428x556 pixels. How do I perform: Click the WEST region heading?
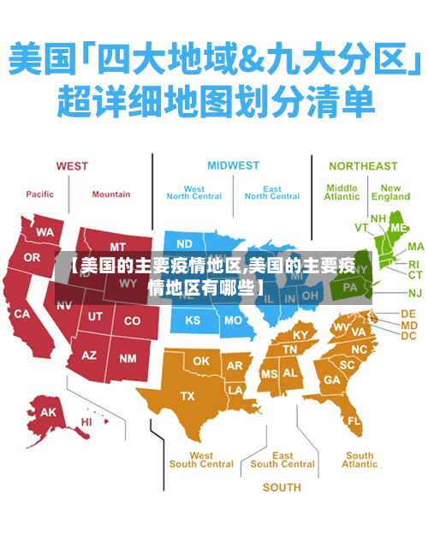(x=73, y=166)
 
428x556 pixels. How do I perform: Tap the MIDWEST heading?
(x=233, y=165)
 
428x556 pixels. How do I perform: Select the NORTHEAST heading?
(x=363, y=165)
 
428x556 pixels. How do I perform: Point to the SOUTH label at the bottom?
(x=282, y=487)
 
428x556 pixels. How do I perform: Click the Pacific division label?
(x=39, y=194)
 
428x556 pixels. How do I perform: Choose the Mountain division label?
(x=111, y=194)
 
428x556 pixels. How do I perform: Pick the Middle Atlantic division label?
(x=342, y=192)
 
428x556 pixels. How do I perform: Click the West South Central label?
(x=201, y=460)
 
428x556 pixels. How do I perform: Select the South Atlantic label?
(x=360, y=460)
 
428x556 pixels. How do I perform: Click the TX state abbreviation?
(x=187, y=396)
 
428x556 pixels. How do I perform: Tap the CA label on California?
(x=21, y=314)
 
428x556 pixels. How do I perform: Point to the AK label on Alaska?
(x=49, y=412)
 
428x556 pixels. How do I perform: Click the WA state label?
(x=45, y=231)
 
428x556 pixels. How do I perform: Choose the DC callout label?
(x=408, y=337)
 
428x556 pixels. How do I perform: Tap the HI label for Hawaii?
(x=86, y=421)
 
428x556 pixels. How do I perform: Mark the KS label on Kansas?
(x=193, y=320)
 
